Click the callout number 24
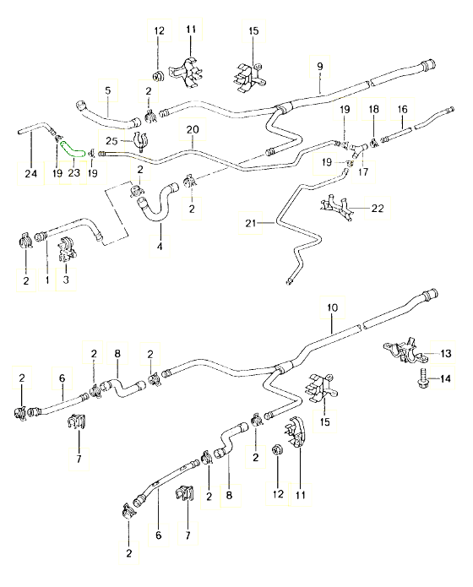(31, 173)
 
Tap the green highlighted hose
(73, 149)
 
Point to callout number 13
(446, 353)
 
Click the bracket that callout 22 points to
(337, 209)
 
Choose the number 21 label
(250, 223)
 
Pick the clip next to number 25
(139, 141)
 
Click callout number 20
(193, 129)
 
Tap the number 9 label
(320, 66)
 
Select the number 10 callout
(332, 307)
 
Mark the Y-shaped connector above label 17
(356, 149)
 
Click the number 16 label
(403, 109)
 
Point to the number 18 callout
(374, 109)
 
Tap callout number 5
(108, 90)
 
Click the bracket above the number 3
(67, 249)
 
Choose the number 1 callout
(47, 280)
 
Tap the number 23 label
(74, 172)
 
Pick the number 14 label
(445, 379)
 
